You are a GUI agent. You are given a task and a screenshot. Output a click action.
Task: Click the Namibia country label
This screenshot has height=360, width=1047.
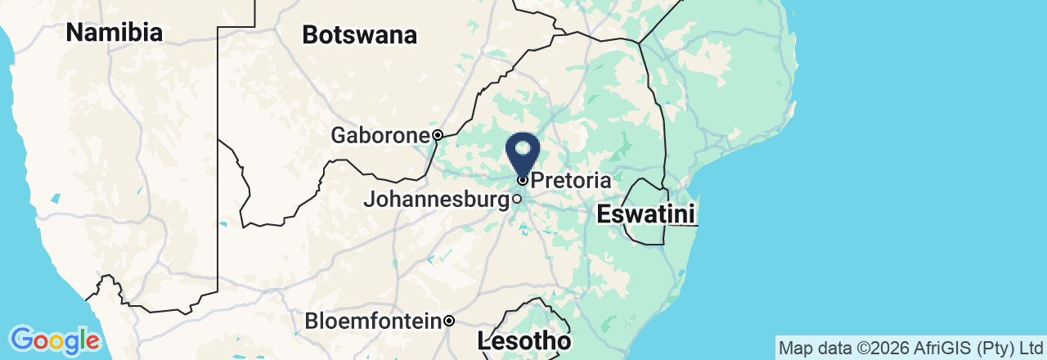pos(114,33)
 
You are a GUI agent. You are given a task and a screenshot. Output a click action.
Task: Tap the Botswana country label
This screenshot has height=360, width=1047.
pos(359,35)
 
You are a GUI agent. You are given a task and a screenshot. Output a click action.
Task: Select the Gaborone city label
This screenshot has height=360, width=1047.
pos(380,135)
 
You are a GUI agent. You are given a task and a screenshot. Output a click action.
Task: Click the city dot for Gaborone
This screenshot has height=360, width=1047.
pos(438,135)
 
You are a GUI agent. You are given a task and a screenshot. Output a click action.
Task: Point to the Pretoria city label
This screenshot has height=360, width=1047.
pos(571,180)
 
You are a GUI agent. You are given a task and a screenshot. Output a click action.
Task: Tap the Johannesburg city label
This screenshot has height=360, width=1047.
pos(436,199)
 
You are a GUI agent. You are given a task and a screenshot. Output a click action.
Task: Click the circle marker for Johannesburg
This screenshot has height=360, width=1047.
pos(517,199)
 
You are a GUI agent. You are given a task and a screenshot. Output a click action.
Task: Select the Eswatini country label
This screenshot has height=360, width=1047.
pos(645,215)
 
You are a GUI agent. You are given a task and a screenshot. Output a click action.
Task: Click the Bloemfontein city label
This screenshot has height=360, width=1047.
pos(373,321)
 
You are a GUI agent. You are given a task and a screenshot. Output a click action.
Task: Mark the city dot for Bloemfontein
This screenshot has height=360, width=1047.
pos(449,321)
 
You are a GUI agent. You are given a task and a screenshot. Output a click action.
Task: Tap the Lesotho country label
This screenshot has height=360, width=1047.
pos(523,340)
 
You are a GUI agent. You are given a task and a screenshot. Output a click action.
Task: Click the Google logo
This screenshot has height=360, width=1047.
pos(54,340)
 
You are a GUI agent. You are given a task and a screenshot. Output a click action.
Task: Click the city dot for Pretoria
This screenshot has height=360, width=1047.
pos(523,180)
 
